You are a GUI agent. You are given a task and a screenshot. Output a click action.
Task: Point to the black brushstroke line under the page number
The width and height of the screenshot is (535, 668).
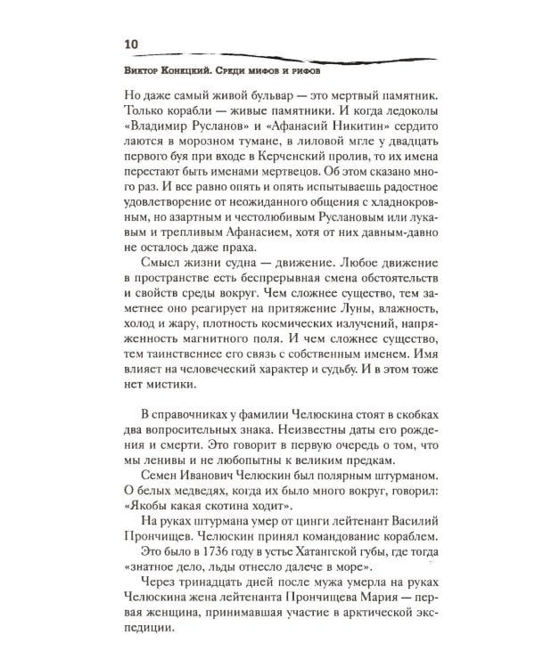click(x=267, y=55)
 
